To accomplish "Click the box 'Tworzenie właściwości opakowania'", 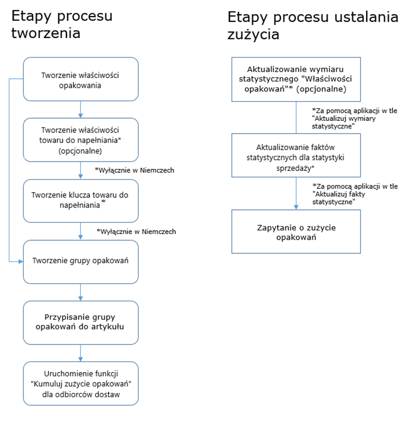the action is [81, 79].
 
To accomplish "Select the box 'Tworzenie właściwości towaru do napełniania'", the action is [81, 140].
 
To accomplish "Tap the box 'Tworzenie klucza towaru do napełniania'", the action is [81, 201].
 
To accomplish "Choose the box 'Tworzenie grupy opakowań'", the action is [81, 262].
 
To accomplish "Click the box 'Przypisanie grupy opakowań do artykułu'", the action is [81, 323].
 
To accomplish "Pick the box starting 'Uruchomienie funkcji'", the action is [81, 384].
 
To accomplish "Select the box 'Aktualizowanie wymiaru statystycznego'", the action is [296, 79].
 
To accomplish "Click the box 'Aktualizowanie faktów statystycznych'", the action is [296, 156].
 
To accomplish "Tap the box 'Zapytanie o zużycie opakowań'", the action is [296, 231].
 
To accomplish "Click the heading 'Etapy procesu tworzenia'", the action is [62, 24].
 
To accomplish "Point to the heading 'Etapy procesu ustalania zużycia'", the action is [313, 25].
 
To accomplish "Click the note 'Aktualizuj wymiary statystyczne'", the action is [355, 119].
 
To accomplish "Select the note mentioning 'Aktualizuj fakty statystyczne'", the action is [355, 194].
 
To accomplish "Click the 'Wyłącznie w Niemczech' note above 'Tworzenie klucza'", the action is [135, 170].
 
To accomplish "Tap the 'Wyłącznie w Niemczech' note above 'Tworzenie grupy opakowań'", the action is [136, 232].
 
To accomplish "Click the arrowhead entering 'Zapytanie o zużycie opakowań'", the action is [296, 207].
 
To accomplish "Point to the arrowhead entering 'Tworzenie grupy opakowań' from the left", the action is [21, 262].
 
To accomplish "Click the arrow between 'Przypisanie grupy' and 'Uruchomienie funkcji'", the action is [80, 353].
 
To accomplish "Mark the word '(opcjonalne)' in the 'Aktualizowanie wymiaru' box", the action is [321, 89].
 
